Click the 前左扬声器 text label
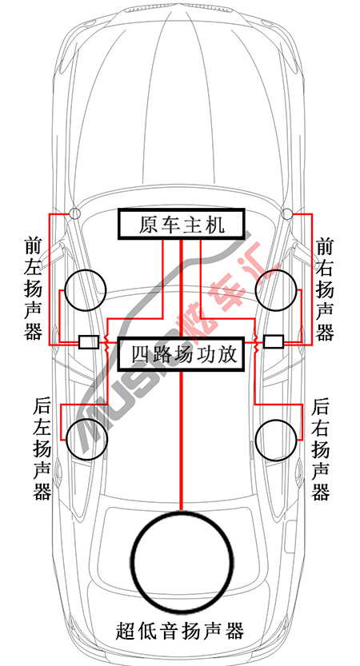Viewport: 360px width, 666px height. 33,289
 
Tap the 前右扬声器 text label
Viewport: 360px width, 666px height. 325,289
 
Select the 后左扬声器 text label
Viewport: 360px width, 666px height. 42,449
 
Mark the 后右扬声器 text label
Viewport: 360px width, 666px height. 321,449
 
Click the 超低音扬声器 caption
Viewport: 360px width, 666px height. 180,630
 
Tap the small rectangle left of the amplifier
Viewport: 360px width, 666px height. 89,341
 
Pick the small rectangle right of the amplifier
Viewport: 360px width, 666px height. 274,341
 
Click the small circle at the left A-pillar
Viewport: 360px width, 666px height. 75,213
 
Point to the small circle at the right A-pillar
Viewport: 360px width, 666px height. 287,213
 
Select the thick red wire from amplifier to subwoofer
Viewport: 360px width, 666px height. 182,440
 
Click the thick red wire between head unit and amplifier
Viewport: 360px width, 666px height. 182,288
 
